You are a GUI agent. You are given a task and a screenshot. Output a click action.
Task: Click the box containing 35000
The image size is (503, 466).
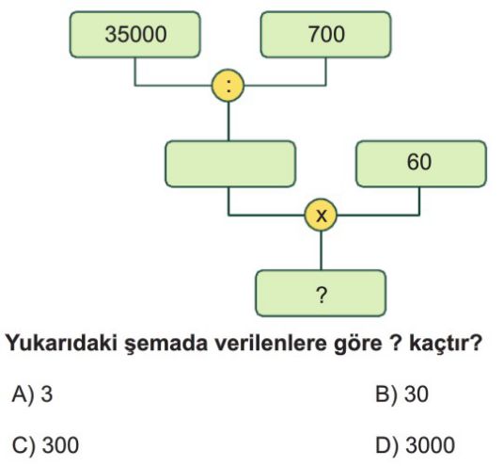(135, 35)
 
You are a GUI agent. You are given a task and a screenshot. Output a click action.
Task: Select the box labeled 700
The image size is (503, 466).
(326, 35)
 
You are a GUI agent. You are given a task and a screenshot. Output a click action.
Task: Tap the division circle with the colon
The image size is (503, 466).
(228, 86)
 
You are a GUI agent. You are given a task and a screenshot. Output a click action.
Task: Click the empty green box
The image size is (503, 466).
(230, 164)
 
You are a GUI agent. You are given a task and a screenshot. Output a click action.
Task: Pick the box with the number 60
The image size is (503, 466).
(421, 164)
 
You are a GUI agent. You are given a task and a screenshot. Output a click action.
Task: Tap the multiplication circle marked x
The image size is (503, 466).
(322, 215)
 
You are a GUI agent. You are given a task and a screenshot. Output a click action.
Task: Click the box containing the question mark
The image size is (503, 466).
(321, 293)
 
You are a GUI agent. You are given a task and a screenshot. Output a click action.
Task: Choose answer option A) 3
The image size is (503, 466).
(32, 394)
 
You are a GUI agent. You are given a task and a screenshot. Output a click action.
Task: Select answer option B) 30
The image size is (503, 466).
(401, 394)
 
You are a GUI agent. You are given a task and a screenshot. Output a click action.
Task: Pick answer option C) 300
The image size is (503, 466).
(45, 445)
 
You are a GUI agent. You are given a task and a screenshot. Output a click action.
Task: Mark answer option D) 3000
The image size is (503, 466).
(416, 445)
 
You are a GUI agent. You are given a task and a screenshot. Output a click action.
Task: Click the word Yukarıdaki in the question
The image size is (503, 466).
(63, 343)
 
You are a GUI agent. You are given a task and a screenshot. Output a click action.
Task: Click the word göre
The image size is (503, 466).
(358, 344)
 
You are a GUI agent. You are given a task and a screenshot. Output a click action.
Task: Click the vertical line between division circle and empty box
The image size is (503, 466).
(228, 121)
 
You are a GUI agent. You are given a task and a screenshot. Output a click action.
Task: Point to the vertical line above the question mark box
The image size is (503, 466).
(322, 250)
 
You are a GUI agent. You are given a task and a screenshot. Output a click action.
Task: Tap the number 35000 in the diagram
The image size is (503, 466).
(135, 35)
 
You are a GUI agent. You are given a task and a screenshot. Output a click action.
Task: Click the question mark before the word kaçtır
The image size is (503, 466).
(395, 343)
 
